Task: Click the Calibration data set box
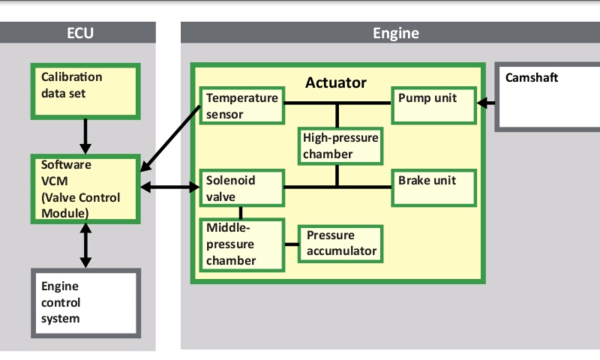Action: [x=85, y=91]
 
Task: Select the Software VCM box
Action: [x=85, y=189]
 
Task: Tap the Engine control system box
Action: [x=85, y=302]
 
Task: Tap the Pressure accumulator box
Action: [x=341, y=244]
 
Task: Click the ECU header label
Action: [x=79, y=33]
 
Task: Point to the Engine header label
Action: [x=395, y=33]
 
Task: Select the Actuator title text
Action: [x=335, y=82]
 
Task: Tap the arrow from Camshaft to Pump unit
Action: [x=487, y=103]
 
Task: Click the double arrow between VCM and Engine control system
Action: [x=85, y=245]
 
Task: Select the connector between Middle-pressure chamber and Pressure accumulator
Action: [x=292, y=244]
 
